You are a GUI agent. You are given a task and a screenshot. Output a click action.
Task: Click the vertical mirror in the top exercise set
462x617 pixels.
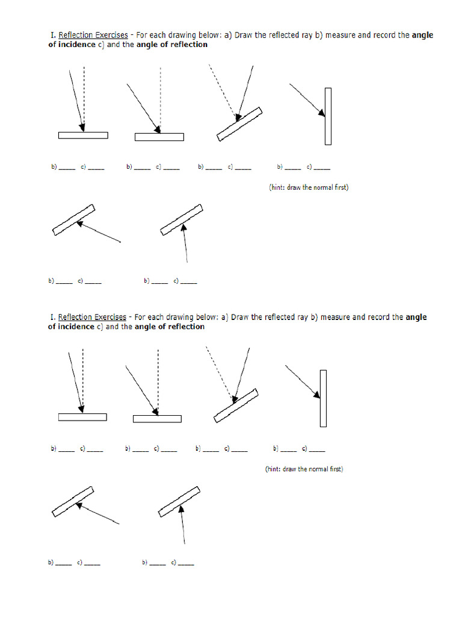point(328,116)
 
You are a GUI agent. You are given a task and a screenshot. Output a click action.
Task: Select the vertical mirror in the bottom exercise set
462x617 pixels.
point(324,398)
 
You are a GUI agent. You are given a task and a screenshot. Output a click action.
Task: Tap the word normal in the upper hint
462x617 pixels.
point(323,187)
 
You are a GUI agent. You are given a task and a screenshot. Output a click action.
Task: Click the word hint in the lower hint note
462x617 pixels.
point(274,469)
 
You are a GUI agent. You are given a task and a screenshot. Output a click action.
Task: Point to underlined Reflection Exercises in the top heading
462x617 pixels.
point(93,35)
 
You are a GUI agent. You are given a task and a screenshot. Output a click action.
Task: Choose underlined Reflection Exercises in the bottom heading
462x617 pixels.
point(91,317)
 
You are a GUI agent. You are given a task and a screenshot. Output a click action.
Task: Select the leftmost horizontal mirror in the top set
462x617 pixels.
point(83,135)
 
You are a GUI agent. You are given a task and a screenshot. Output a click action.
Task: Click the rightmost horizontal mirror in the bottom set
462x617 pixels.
point(157,419)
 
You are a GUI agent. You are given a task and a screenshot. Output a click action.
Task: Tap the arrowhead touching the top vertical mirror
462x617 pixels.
point(322,112)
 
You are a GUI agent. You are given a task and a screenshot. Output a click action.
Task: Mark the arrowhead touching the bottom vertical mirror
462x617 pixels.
point(317,395)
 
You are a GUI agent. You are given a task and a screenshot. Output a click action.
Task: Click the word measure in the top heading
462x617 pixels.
point(341,35)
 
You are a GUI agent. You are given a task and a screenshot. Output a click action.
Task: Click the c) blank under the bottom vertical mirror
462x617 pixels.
point(317,449)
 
